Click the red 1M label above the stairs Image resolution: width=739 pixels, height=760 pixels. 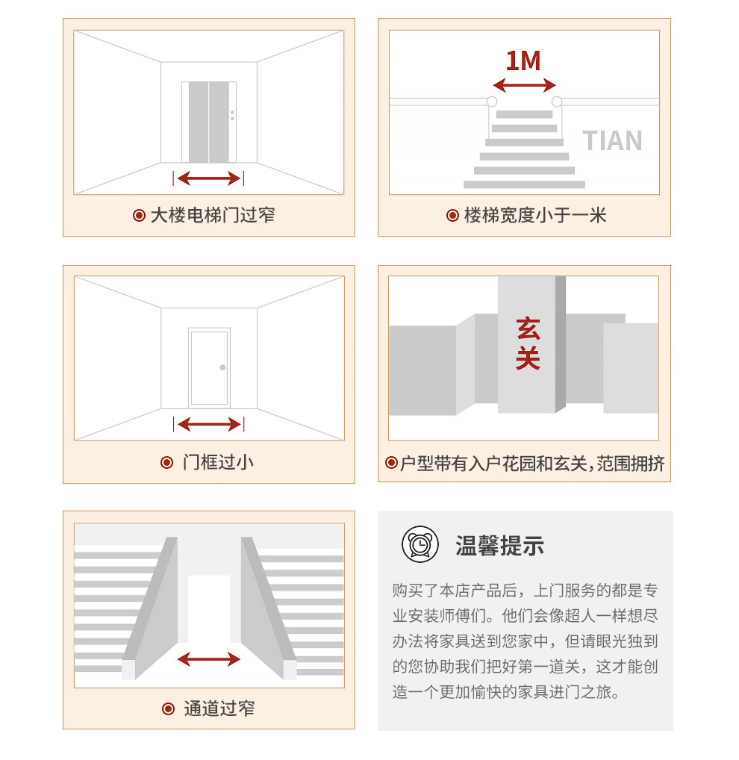[523, 61]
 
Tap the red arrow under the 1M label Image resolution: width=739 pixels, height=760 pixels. [524, 85]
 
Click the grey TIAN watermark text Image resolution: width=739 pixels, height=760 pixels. [613, 140]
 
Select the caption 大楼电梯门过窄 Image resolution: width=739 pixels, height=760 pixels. [213, 215]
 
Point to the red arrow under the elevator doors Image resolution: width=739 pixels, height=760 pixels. [209, 178]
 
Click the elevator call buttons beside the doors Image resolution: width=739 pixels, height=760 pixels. [232, 116]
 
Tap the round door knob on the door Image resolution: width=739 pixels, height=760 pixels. [223, 367]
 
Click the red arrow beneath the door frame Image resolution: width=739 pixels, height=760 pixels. [209, 425]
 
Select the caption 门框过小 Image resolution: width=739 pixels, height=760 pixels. [218, 462]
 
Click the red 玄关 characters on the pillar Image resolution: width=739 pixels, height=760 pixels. [528, 343]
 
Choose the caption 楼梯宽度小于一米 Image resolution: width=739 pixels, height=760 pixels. [535, 215]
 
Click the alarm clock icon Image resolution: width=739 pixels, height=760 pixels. [420, 544]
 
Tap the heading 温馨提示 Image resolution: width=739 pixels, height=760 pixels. [499, 545]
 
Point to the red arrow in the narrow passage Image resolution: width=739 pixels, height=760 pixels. [209, 659]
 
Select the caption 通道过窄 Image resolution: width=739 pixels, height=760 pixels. [219, 708]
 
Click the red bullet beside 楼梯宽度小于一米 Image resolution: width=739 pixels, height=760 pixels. [452, 215]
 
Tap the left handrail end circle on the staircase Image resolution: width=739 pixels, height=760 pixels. [492, 102]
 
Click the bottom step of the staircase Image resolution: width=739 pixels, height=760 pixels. [524, 184]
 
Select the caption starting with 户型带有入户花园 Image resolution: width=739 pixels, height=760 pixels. [532, 464]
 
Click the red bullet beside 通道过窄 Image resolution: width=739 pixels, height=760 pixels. [168, 708]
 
